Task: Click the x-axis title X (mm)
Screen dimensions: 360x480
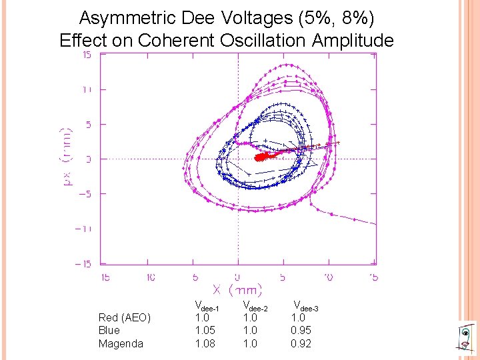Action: (237, 290)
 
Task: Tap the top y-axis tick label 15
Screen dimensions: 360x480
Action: (87, 55)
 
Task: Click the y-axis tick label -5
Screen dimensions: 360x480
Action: (85, 194)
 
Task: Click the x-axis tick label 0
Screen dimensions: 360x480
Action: (238, 277)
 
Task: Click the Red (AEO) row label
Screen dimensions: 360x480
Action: (125, 317)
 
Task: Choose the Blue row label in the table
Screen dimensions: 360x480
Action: (109, 330)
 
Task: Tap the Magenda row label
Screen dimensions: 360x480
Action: (121, 343)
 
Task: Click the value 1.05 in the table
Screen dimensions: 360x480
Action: (205, 330)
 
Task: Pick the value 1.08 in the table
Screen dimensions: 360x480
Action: (205, 343)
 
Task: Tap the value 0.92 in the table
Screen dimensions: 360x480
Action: (301, 343)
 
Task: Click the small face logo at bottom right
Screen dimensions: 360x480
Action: (467, 337)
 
